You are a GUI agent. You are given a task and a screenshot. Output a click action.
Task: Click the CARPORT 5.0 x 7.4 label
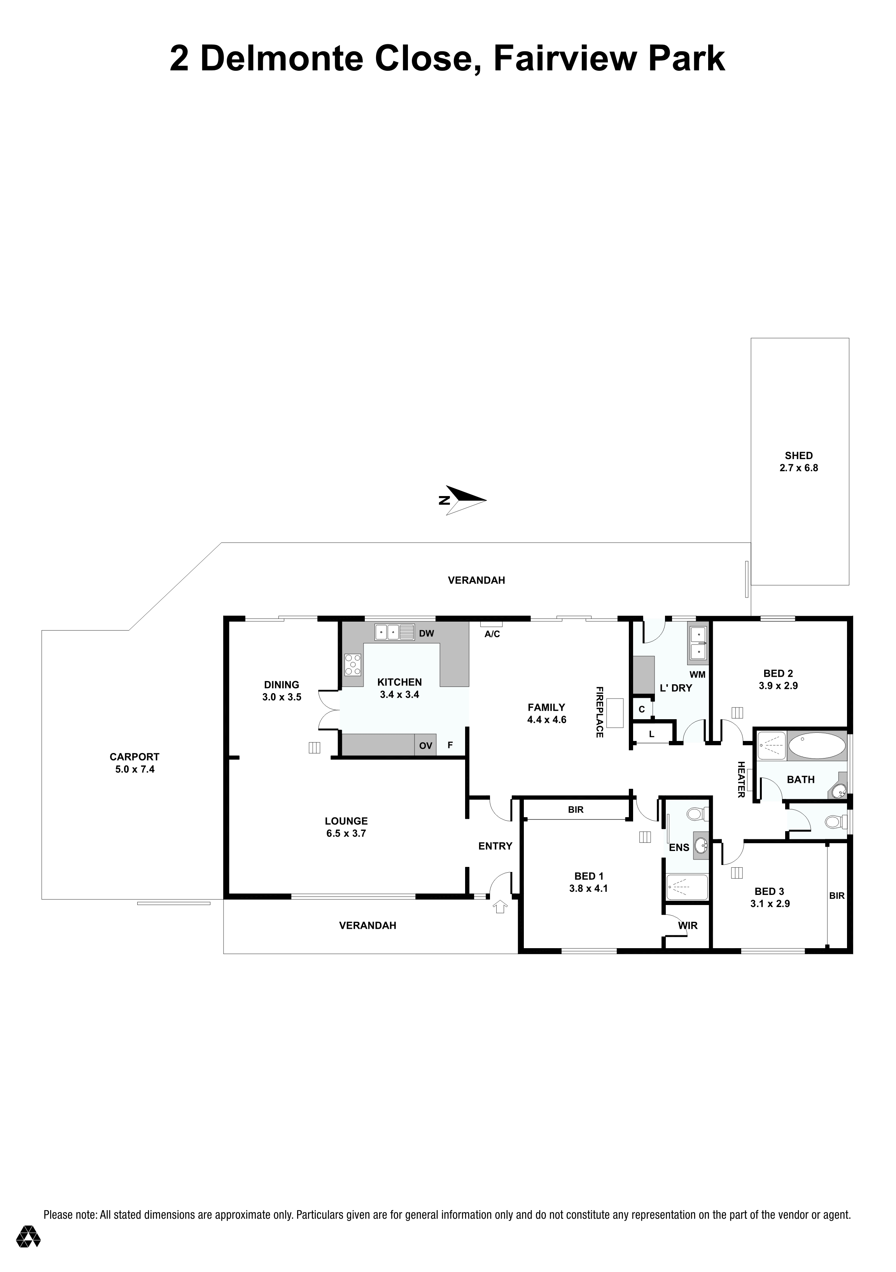click(x=135, y=763)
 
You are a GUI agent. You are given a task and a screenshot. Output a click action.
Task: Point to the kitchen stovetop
click(x=352, y=664)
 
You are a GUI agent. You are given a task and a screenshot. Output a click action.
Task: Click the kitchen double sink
click(x=395, y=632)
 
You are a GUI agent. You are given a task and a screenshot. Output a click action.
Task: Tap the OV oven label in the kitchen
click(x=425, y=746)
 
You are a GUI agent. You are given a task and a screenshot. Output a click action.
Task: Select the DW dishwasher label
click(x=427, y=633)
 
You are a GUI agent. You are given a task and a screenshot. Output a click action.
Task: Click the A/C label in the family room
click(x=492, y=634)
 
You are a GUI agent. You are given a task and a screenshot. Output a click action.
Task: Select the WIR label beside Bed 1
click(x=688, y=925)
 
